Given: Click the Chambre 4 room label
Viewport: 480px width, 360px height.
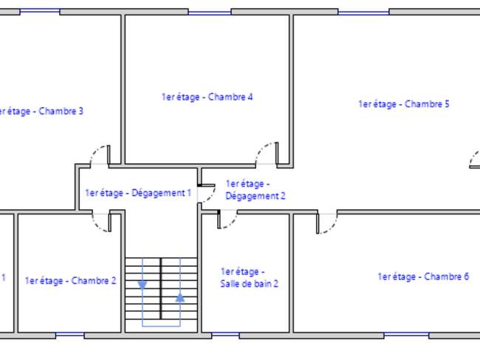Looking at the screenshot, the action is coord(208,97).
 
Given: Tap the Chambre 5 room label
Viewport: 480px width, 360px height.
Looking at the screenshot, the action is coord(404,104).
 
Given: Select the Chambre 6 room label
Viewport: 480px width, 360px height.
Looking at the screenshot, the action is coord(423,276).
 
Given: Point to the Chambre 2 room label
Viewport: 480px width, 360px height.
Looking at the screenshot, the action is coord(70,281).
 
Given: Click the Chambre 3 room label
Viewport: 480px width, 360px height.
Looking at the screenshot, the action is coord(41,111).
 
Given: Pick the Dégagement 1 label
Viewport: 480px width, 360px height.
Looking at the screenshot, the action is coord(138,193).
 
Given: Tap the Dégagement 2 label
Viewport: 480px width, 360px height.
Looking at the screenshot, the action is coord(256,190).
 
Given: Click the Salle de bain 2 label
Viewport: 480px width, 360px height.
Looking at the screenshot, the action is coord(249,278).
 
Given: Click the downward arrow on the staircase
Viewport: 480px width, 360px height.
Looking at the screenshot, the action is coord(143,285).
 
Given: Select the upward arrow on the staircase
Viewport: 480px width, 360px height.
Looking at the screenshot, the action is coord(180,297).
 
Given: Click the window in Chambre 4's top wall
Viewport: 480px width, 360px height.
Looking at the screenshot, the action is coord(210,13).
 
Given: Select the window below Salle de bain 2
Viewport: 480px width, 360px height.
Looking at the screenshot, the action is coord(225,335).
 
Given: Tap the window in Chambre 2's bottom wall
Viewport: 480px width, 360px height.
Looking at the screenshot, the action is coord(70,335).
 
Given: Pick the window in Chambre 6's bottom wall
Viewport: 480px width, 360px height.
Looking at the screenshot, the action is coord(407,335).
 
